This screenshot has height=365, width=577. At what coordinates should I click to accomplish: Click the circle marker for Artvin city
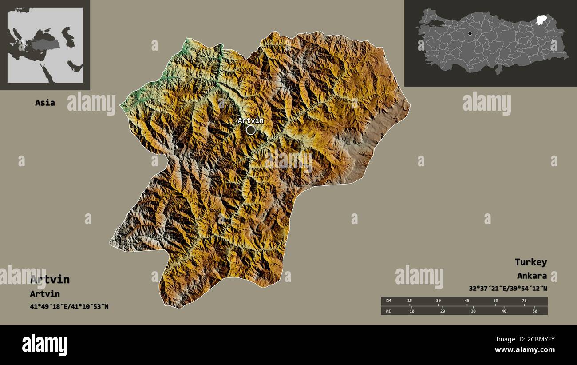pyautogui.click(x=251, y=130)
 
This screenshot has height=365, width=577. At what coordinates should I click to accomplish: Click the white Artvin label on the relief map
pyautogui.click(x=250, y=120)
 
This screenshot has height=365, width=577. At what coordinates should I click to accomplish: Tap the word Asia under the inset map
pyautogui.click(x=45, y=103)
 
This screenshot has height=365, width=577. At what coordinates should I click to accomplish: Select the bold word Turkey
pyautogui.click(x=530, y=262)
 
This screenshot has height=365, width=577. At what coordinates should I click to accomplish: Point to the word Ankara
pyautogui.click(x=532, y=276)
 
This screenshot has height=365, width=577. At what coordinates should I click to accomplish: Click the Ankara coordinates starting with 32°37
pyautogui.click(x=507, y=289)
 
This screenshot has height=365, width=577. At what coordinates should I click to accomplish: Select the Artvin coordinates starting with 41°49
pyautogui.click(x=69, y=306)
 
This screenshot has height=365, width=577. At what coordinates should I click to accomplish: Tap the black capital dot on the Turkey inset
pyautogui.click(x=470, y=33)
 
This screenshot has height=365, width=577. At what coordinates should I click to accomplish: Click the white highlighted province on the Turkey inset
pyautogui.click(x=541, y=20)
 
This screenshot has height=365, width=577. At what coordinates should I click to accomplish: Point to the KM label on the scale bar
pyautogui.click(x=388, y=301)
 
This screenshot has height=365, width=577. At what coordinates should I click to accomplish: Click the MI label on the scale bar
pyautogui.click(x=388, y=311)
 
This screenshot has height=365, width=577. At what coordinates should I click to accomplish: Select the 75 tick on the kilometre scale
pyautogui.click(x=524, y=301)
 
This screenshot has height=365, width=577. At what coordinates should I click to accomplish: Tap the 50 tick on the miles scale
pyautogui.click(x=534, y=311)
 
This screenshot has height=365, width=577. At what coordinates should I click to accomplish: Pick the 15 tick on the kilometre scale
pyautogui.click(x=410, y=301)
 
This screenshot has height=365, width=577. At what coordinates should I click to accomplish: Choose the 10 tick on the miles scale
pyautogui.click(x=412, y=311)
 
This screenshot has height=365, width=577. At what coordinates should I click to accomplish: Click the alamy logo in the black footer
pyautogui.click(x=45, y=345)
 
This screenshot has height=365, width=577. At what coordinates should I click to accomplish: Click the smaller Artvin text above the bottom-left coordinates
pyautogui.click(x=45, y=294)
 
